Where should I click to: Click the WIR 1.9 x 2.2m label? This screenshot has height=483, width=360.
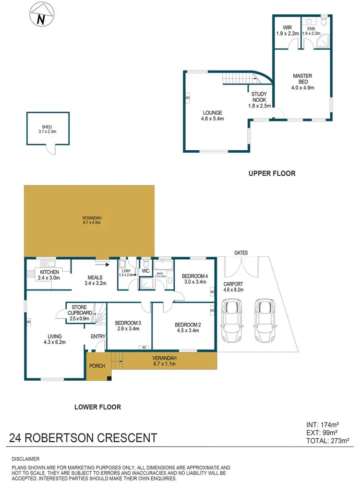click(x=287, y=30)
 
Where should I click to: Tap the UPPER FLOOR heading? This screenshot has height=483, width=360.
click(x=272, y=173)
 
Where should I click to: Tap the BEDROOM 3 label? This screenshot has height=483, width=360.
click(x=127, y=326)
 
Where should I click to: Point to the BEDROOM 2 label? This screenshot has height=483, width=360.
click(x=188, y=327)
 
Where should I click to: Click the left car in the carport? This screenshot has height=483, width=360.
click(x=232, y=320)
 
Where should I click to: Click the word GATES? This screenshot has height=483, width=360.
click(x=241, y=252)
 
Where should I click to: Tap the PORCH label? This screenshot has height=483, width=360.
click(x=97, y=366)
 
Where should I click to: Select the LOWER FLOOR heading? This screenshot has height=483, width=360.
click(x=97, y=407)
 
